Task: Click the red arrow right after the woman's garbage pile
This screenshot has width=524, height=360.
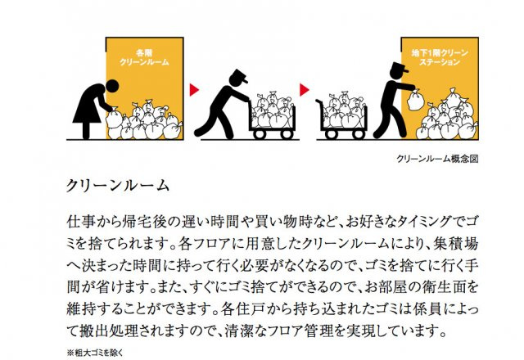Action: (194, 87)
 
